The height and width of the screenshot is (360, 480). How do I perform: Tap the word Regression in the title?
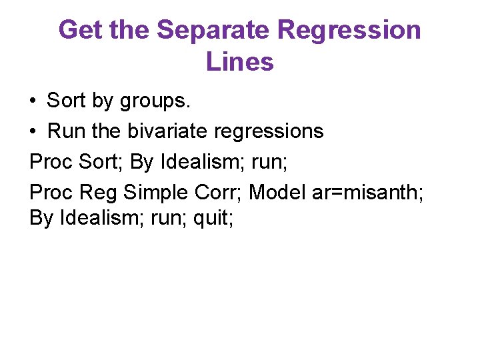point(349,30)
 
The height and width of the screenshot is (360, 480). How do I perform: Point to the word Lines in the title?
point(240,62)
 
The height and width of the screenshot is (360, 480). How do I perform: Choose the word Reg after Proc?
point(99,193)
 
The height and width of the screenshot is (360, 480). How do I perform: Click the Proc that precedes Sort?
point(51,162)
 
